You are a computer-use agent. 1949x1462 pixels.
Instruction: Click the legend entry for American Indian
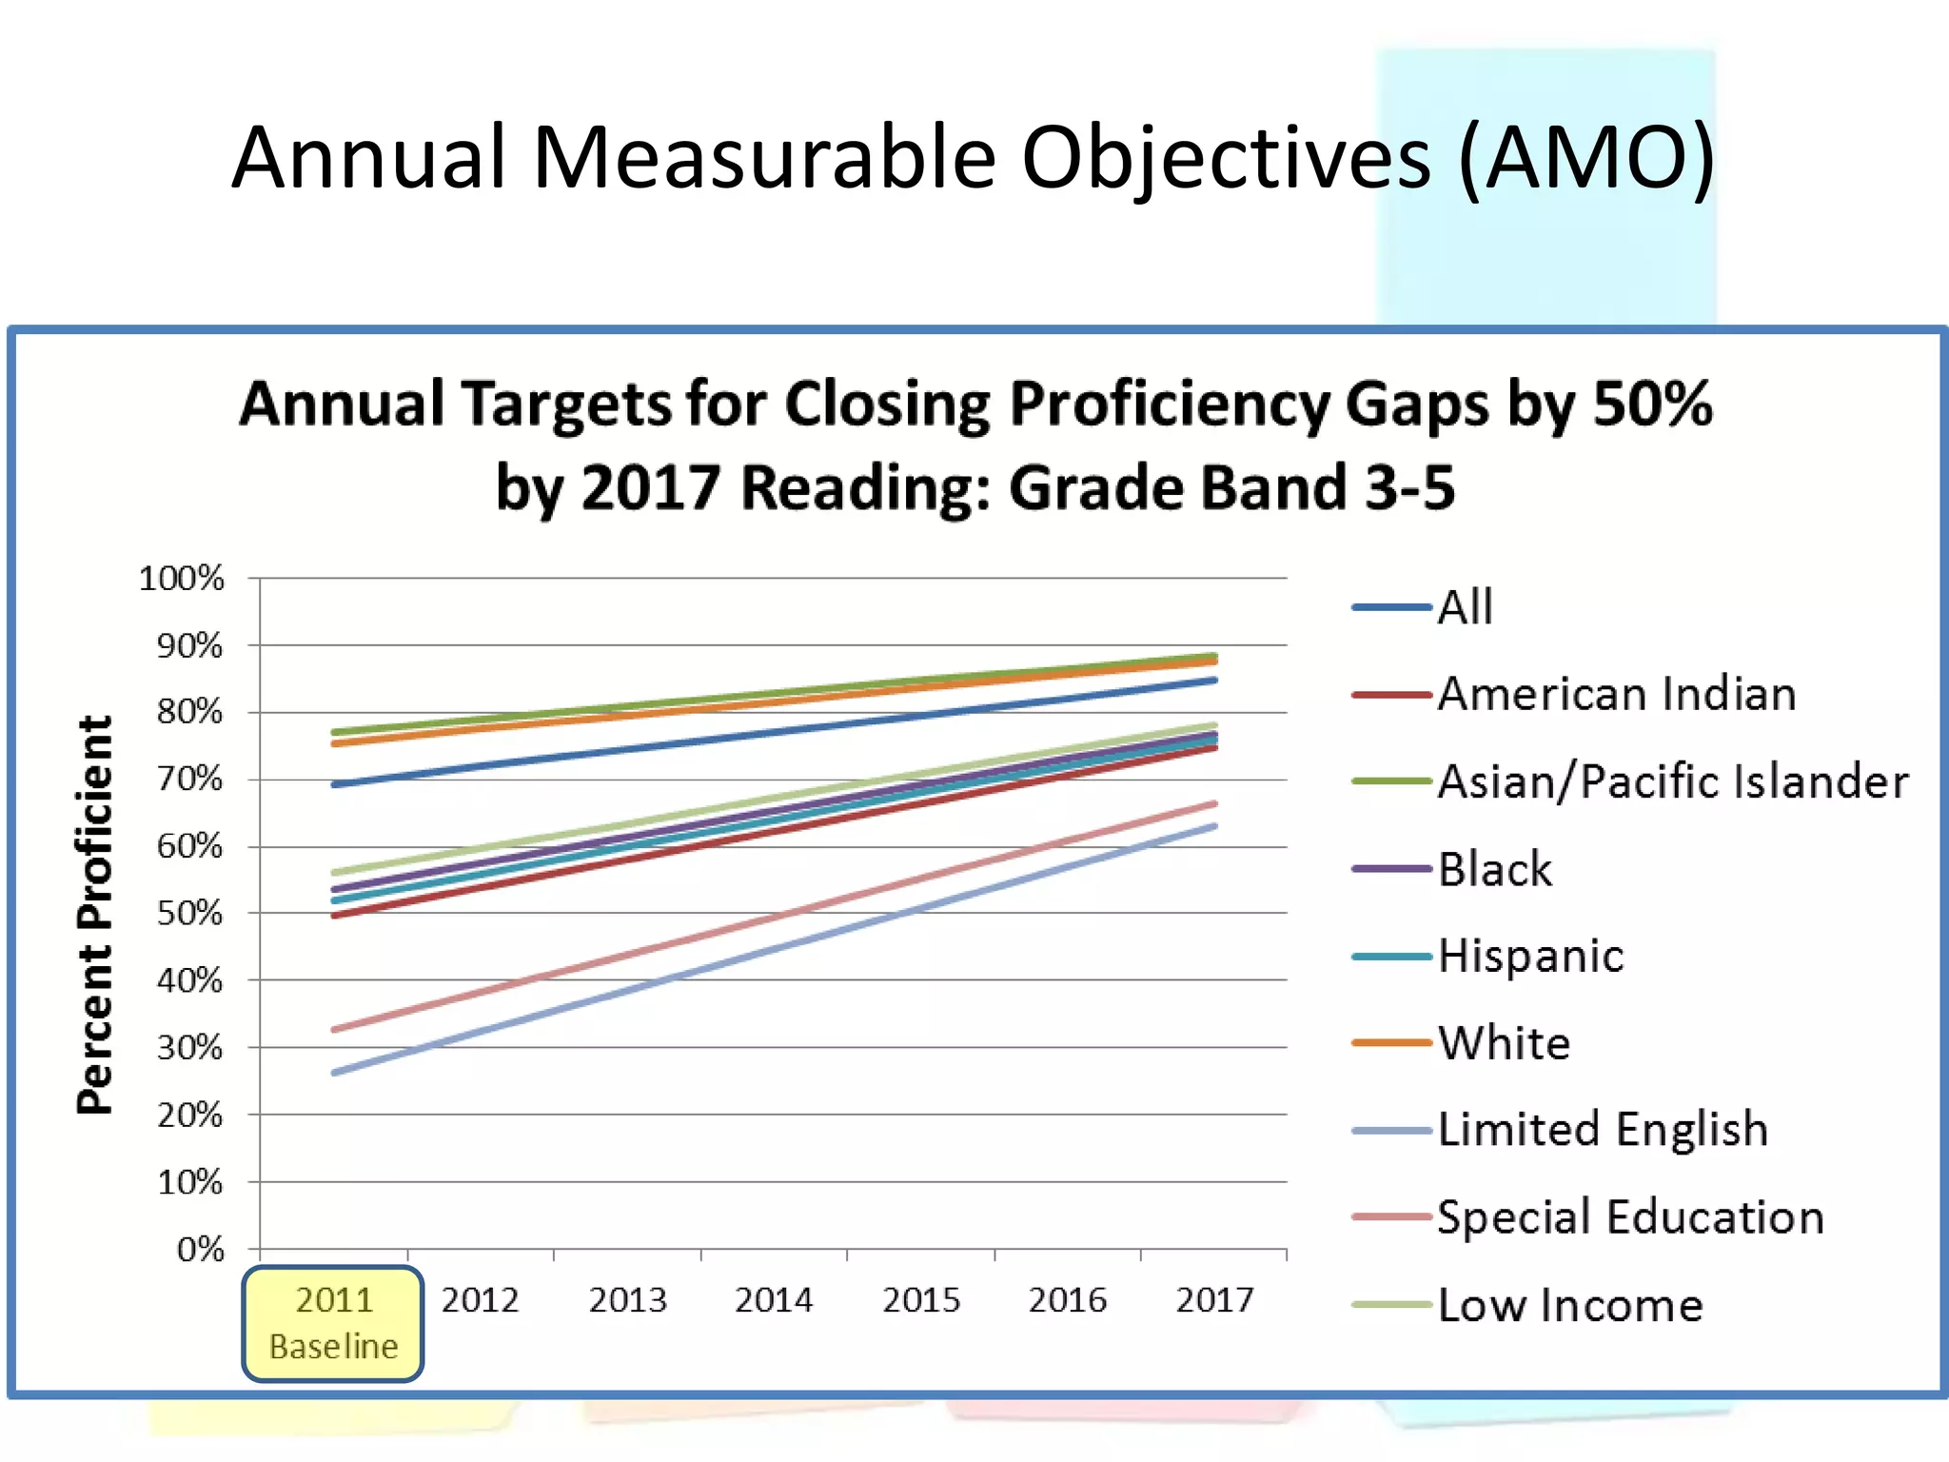[x=1616, y=694]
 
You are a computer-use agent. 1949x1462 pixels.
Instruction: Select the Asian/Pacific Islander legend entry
[x=1672, y=781]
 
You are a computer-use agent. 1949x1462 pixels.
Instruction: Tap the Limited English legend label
[x=1603, y=1130]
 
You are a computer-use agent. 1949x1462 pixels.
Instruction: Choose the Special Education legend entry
[x=1629, y=1217]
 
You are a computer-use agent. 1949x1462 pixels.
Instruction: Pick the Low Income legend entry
[x=1569, y=1305]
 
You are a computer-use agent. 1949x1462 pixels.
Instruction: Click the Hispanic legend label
[x=1530, y=956]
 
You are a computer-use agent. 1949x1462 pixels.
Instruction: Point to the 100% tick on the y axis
[x=182, y=579]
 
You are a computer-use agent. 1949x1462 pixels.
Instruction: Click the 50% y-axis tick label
[x=189, y=914]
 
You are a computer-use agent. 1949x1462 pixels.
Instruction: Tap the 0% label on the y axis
[x=200, y=1249]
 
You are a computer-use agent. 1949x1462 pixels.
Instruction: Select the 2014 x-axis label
[x=774, y=1300]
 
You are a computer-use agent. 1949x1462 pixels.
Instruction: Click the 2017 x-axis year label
[x=1214, y=1300]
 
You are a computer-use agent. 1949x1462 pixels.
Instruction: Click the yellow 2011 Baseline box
[x=333, y=1323]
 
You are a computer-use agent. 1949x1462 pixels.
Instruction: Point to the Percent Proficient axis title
[x=95, y=914]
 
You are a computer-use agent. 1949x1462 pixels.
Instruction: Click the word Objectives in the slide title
[x=1226, y=157]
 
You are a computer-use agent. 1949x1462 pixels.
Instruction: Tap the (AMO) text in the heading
[x=1586, y=157]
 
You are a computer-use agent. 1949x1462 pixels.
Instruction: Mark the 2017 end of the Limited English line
[x=1215, y=826]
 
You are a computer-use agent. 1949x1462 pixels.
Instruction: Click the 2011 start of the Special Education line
[x=334, y=1030]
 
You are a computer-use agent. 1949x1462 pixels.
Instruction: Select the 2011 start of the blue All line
[x=334, y=784]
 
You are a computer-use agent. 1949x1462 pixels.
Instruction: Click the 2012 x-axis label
[x=480, y=1300]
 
